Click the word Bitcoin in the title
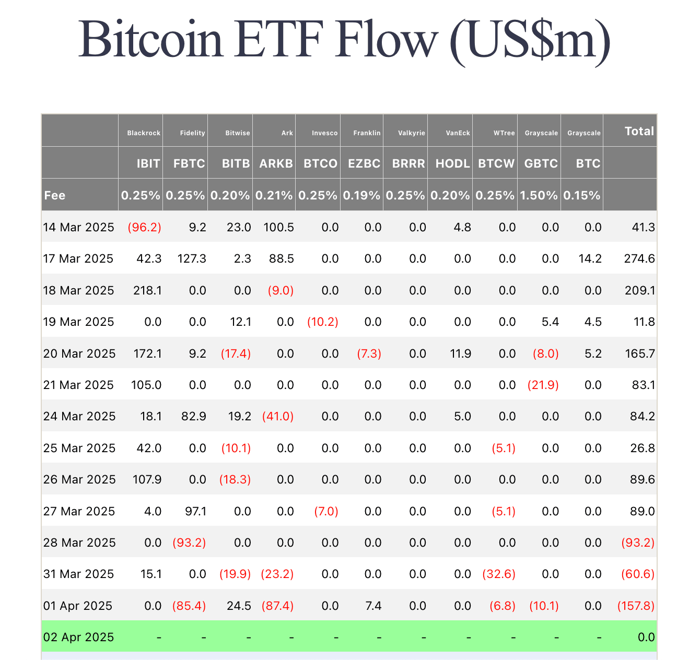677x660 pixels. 151,40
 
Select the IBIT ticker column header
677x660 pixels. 148,163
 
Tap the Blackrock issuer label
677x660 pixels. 144,133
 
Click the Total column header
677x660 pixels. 639,131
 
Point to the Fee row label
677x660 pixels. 55,195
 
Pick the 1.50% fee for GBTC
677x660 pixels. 539,195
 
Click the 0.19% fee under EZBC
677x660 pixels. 361,195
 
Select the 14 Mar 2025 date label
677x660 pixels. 78,227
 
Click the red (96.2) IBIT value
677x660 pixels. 145,227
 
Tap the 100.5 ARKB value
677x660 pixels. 279,227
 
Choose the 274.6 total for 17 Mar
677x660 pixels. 640,258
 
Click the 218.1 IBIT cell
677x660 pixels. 147,290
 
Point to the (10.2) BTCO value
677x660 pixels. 323,322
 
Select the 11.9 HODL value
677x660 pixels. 460,353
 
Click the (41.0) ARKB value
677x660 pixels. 278,416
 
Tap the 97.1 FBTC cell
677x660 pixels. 195,511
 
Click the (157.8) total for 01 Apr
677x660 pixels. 636,606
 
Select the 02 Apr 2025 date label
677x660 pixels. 78,637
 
